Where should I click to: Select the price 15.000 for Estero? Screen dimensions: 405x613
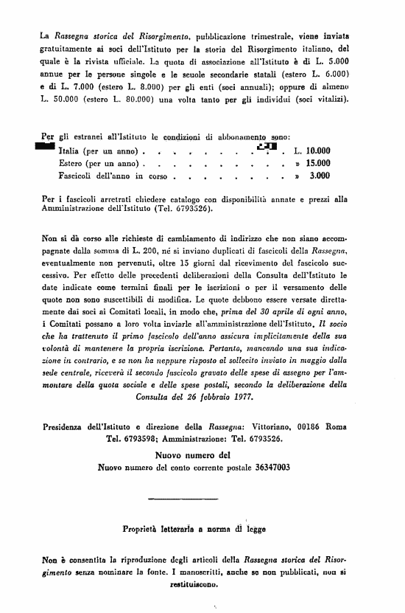(317, 164)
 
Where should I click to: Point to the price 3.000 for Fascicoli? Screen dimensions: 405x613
(320, 176)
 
